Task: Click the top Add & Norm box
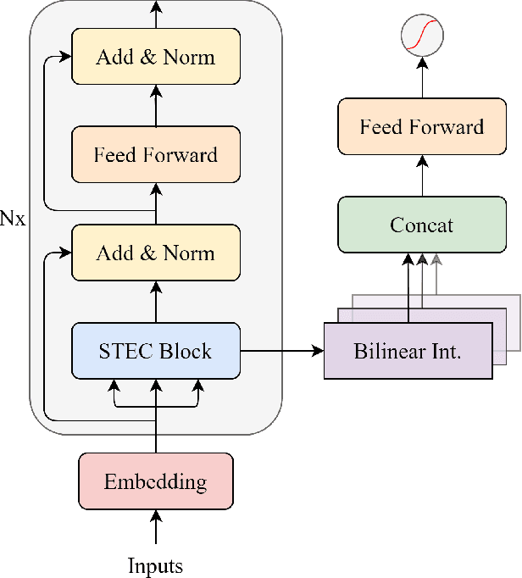[x=156, y=58]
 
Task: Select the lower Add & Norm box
[x=156, y=253]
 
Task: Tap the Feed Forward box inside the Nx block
[x=156, y=155]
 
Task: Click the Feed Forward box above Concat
[x=421, y=127]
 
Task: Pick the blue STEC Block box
[x=156, y=350]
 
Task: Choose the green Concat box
[x=421, y=225]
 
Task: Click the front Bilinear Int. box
[x=407, y=350]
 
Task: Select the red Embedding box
[x=156, y=482]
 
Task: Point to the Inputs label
[x=156, y=565]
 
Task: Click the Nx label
[x=13, y=219]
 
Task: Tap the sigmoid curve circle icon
[x=422, y=35]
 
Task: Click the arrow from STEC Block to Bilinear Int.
[x=281, y=350]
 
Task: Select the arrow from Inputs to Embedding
[x=156, y=528]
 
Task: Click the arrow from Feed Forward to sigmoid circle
[x=422, y=79]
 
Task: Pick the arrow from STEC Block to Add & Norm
[x=156, y=302]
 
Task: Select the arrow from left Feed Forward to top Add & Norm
[x=156, y=106]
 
